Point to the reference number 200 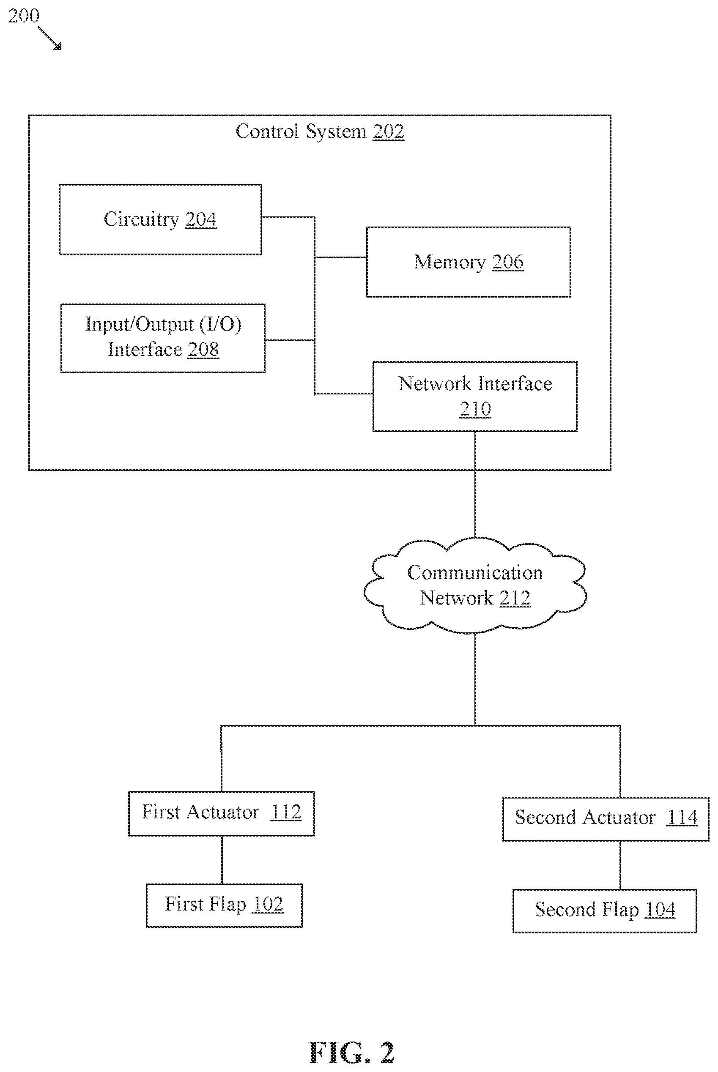click(24, 16)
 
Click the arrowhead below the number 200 click(58, 46)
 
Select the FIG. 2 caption click(352, 1052)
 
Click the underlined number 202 click(388, 132)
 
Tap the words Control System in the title click(301, 132)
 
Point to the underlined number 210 click(475, 409)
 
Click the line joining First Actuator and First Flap click(222, 860)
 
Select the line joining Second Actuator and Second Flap click(620, 865)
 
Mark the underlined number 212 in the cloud click(515, 599)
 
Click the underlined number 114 click(682, 818)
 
